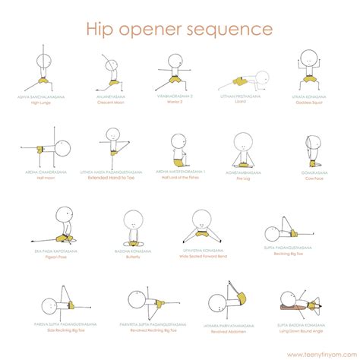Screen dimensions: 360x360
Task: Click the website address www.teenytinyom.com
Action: pos(322,354)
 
